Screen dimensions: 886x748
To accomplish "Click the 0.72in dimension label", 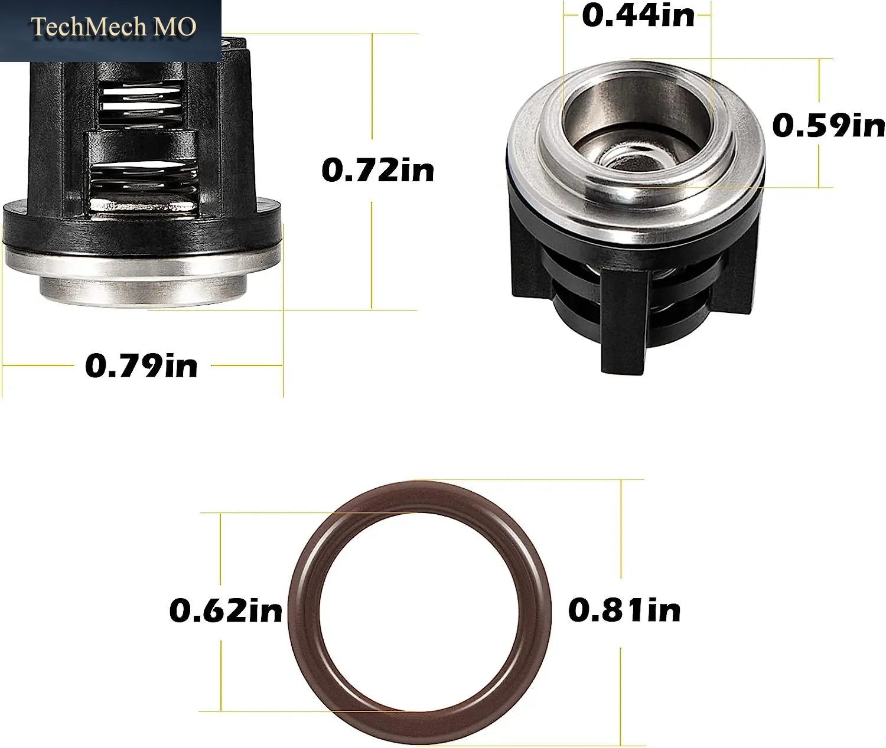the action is (377, 171).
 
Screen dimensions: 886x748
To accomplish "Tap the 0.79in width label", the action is (141, 365).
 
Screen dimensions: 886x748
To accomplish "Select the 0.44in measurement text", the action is (638, 15).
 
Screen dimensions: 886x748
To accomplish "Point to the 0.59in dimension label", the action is (829, 126).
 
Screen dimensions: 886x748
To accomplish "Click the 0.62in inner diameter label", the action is (226, 610).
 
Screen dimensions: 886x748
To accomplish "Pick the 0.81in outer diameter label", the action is (624, 610).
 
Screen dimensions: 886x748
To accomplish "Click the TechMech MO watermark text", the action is (113, 27).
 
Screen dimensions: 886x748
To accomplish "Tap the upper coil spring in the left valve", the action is (141, 103).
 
